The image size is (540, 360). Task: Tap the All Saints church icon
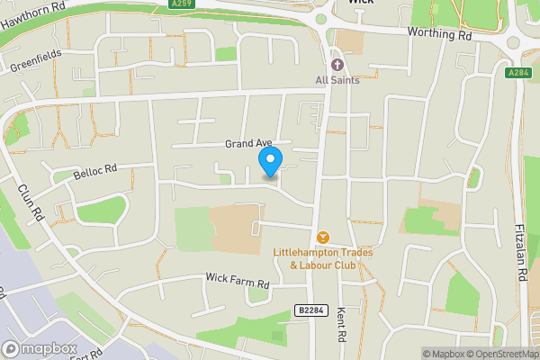click(x=337, y=65)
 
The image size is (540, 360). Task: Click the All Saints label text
click(x=337, y=80)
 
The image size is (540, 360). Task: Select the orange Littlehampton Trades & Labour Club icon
click(x=323, y=238)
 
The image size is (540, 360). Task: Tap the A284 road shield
click(x=517, y=74)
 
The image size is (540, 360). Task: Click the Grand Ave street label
click(x=247, y=144)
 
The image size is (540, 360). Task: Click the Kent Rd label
click(x=341, y=319)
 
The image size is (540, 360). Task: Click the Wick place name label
click(x=360, y=3)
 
